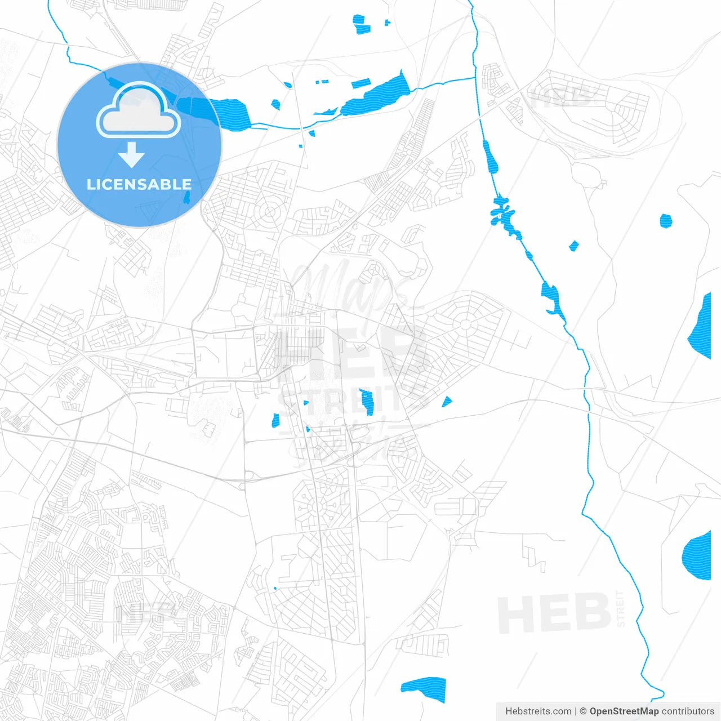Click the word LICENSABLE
tap(139, 184)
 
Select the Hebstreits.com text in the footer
tap(538, 711)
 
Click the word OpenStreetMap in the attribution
tap(624, 711)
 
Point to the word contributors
tap(688, 711)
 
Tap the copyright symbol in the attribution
tap(583, 711)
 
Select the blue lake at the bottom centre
tap(424, 689)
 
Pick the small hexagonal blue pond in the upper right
tap(666, 220)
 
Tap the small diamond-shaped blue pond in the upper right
tap(573, 246)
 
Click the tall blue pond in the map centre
tap(367, 402)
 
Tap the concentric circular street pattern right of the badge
tap(270, 212)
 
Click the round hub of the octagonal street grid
tap(465, 324)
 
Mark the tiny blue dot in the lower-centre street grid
tap(275, 588)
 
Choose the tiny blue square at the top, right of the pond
tap(387, 23)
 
